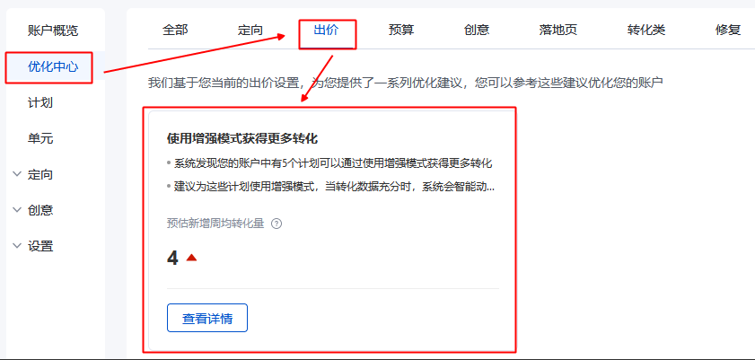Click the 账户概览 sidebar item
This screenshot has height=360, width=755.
coord(53,31)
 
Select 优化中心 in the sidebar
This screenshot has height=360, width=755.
coord(53,66)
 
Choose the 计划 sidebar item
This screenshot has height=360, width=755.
coord(40,102)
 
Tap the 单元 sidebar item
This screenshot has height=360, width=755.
coord(40,138)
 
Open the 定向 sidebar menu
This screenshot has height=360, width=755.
coord(40,174)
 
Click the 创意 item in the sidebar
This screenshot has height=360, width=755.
coord(40,210)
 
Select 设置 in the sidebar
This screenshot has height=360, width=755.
coord(40,246)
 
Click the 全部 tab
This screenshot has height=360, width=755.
coord(175,30)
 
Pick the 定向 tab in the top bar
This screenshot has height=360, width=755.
coord(250,30)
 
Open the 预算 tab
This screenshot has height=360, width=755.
coord(401,30)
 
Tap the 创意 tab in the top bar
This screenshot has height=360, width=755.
coord(477,30)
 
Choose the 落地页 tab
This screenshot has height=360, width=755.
coord(558,30)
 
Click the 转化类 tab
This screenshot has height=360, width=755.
coord(646,30)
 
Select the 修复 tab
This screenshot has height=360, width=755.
coord(728,30)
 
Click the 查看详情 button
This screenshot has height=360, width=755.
coord(207,318)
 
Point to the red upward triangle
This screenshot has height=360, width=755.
coord(191,259)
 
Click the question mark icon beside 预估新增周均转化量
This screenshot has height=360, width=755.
coord(277,224)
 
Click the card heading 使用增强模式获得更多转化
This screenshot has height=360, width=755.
coord(242,139)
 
